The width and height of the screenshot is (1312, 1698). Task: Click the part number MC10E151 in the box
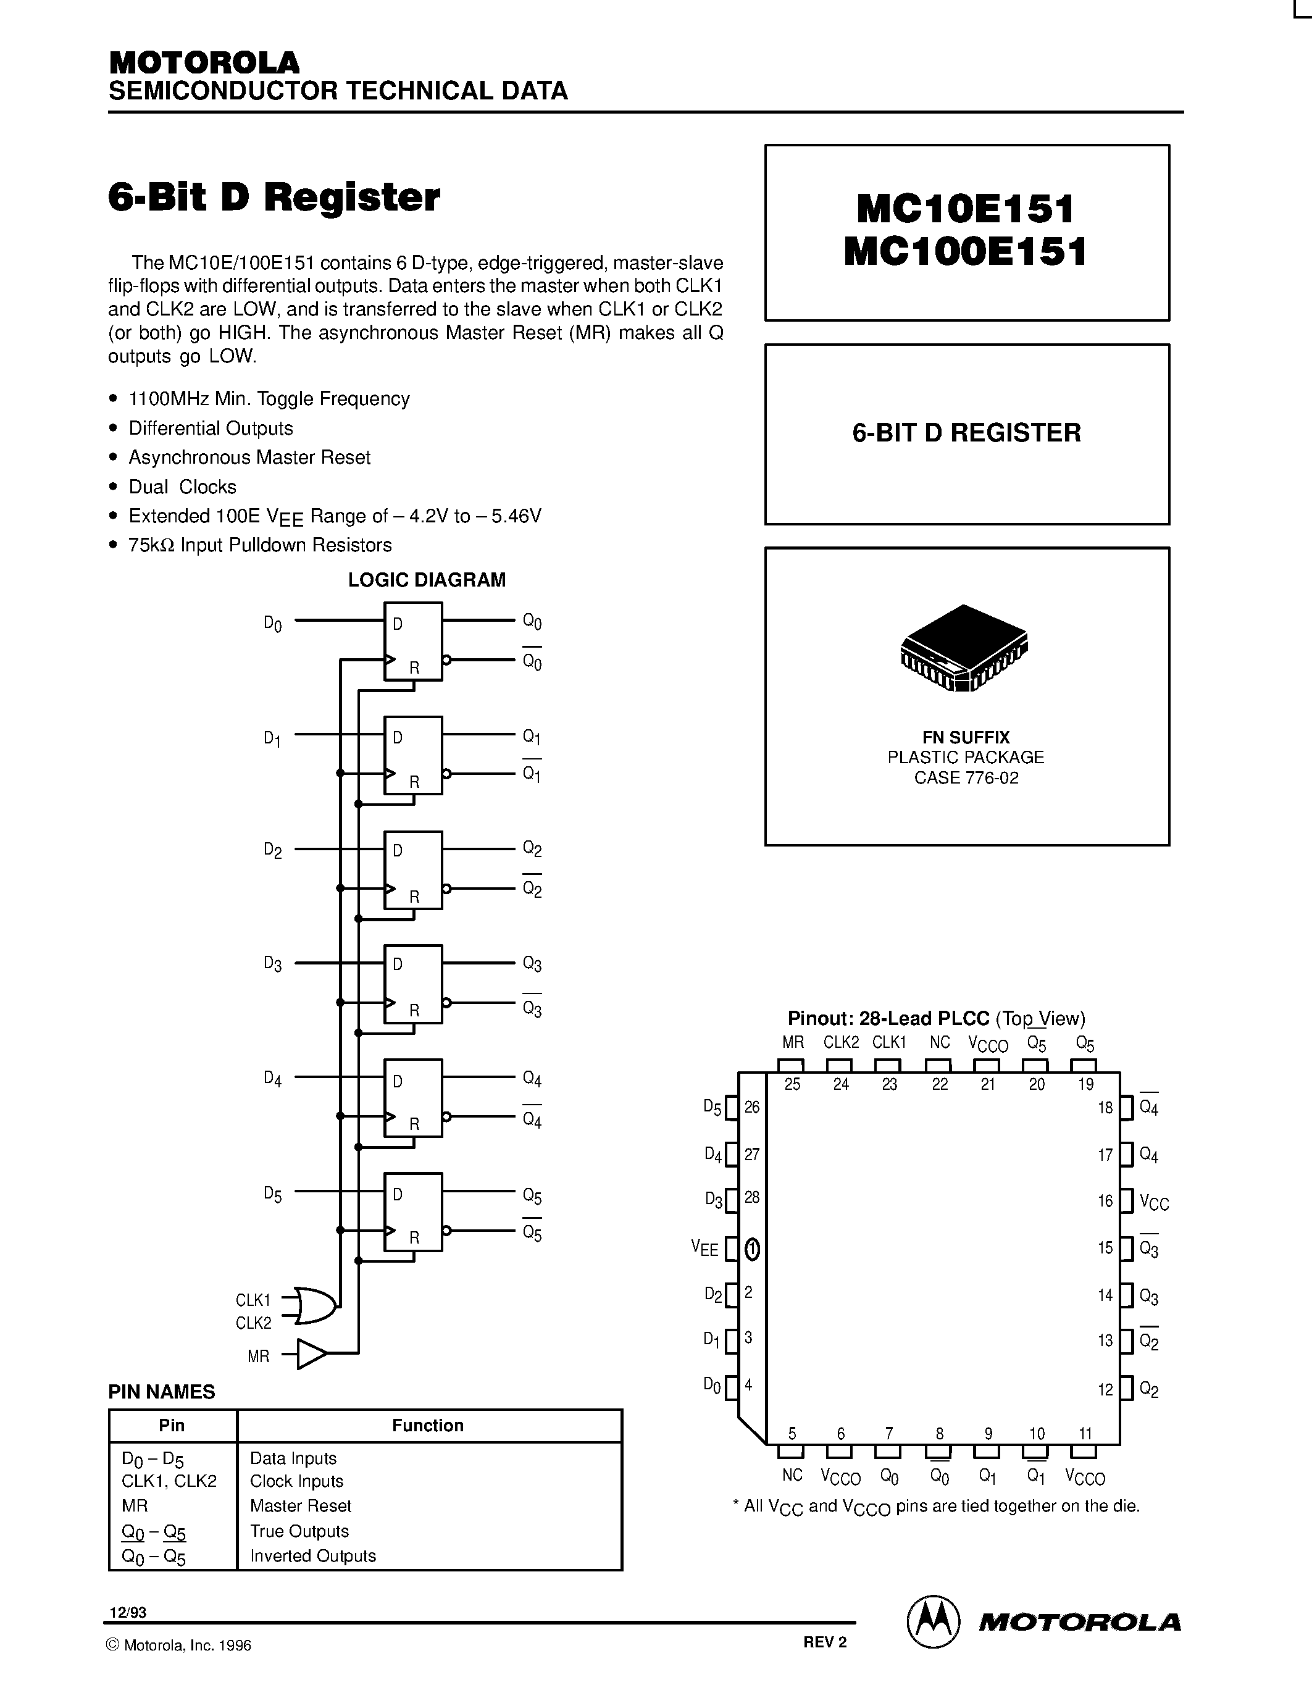click(966, 208)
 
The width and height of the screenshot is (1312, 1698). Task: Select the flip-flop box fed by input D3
click(412, 984)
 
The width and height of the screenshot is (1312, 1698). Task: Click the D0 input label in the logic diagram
click(273, 624)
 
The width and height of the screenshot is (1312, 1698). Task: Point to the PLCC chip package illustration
click(964, 647)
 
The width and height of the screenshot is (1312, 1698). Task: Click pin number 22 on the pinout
click(940, 1084)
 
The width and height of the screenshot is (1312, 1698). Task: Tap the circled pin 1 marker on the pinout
click(751, 1249)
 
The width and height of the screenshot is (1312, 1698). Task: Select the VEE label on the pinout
click(704, 1248)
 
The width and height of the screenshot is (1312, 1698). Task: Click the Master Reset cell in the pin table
click(301, 1505)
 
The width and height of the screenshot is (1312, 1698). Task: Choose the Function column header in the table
click(427, 1425)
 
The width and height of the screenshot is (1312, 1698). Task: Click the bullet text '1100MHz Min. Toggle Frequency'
click(269, 399)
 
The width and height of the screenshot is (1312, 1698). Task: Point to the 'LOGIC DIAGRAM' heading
click(427, 580)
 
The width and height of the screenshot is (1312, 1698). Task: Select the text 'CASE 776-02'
click(966, 778)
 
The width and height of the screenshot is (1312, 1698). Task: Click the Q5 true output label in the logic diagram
click(532, 1196)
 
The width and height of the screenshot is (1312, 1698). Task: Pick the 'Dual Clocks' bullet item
click(183, 487)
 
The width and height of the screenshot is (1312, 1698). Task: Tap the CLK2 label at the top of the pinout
click(841, 1042)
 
